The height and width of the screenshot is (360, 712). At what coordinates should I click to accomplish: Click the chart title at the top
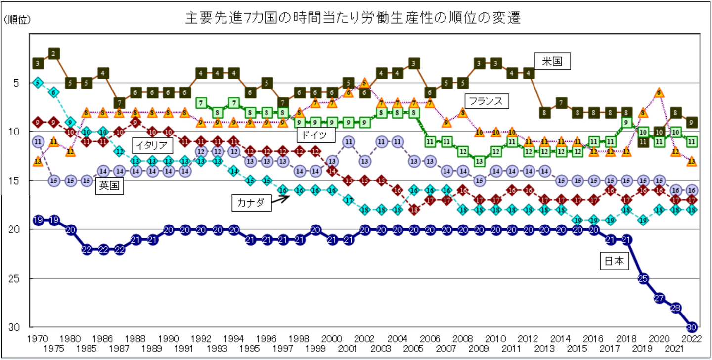pos(353,18)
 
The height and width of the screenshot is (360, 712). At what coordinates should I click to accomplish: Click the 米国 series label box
pos(552,62)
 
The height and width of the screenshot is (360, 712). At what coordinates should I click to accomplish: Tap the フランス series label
pos(486,101)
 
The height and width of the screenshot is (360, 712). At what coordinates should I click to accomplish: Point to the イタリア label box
pos(154,145)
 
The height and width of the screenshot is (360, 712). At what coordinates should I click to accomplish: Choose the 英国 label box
pos(110,186)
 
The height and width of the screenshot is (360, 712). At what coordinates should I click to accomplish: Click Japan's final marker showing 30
pos(692,327)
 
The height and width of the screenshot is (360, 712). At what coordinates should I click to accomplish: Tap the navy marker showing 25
pos(643,278)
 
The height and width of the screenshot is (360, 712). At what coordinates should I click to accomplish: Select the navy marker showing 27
pos(659,298)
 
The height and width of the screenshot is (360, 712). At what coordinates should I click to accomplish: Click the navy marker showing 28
pos(676,308)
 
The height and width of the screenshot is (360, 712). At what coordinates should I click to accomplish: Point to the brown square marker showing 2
pos(54,53)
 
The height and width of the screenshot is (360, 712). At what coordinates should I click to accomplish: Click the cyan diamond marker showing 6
pos(54,92)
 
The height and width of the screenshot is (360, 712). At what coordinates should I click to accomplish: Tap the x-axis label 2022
pos(692,339)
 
